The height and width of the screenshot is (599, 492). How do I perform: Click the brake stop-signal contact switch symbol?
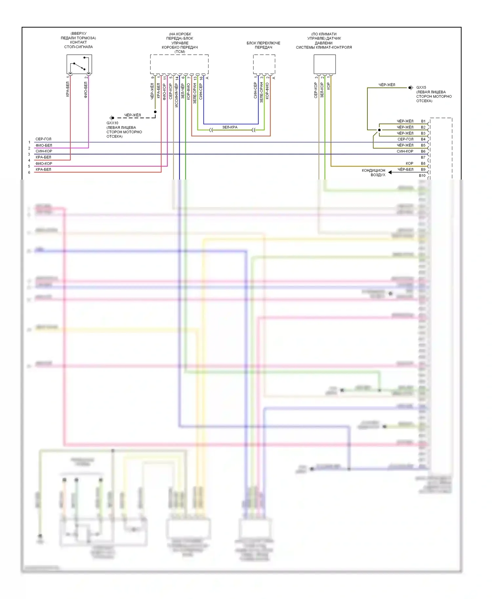(79, 64)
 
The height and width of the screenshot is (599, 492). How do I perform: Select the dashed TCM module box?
(179, 64)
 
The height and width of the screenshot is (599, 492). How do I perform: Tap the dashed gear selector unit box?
(264, 64)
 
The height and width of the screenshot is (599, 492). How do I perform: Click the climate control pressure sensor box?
(324, 64)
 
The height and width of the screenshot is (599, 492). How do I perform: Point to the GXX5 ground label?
(421, 87)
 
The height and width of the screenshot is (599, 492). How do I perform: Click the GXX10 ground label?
(112, 123)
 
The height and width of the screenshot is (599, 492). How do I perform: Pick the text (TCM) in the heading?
(180, 52)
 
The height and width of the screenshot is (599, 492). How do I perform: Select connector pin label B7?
(423, 157)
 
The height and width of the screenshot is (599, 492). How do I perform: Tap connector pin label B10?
(422, 176)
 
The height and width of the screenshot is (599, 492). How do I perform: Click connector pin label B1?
(423, 121)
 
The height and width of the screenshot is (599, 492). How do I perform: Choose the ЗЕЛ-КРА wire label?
(230, 127)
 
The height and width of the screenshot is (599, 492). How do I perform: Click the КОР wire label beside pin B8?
(409, 164)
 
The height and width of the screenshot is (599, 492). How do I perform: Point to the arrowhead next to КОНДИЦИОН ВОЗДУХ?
(390, 172)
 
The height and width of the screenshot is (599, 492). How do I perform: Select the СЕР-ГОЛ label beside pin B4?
(405, 139)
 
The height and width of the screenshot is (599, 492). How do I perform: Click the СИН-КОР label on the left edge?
(44, 151)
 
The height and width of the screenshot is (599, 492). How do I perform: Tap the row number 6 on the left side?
(29, 172)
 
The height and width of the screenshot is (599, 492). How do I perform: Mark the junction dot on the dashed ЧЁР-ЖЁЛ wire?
(155, 112)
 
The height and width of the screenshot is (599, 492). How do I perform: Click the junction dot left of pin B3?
(379, 130)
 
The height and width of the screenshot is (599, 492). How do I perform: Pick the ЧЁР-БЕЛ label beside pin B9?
(405, 169)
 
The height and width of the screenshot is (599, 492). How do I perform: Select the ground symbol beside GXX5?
(410, 87)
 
